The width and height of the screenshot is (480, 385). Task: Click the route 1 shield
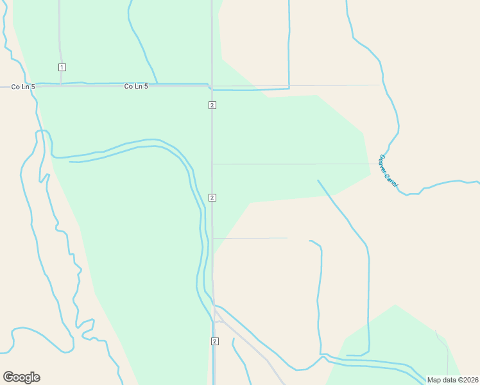(62, 67)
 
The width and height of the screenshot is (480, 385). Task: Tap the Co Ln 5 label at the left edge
(23, 86)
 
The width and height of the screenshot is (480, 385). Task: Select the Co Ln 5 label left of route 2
(136, 86)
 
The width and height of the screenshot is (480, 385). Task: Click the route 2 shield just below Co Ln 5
(212, 105)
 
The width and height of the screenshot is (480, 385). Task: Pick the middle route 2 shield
(212, 197)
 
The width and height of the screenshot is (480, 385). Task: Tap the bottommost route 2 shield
(214, 341)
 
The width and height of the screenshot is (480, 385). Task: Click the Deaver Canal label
(389, 171)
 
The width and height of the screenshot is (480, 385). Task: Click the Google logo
(21, 377)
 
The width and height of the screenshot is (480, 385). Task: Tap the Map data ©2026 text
(452, 380)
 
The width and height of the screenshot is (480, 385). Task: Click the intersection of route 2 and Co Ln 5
(212, 86)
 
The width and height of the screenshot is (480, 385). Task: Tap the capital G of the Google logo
(8, 377)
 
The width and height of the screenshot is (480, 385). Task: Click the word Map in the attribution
(434, 380)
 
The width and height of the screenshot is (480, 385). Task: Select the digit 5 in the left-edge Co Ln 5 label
(33, 86)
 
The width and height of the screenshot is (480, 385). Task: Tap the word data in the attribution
(448, 380)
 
